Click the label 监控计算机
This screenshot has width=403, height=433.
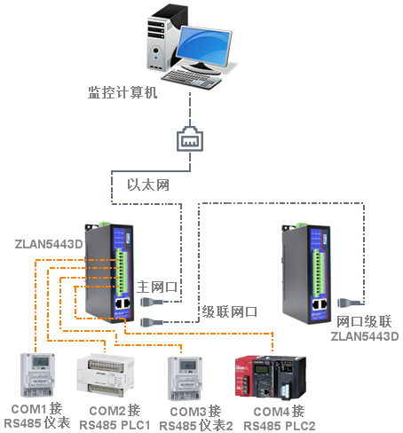pyautogui.click(x=122, y=92)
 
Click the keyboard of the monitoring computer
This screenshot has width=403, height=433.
pyautogui.click(x=192, y=79)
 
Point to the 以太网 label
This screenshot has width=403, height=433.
pyautogui.click(x=148, y=185)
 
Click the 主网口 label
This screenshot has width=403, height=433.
pyautogui.click(x=157, y=287)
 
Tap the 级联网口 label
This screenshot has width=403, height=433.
pyautogui.click(x=230, y=311)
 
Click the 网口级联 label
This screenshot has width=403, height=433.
pyautogui.click(x=364, y=322)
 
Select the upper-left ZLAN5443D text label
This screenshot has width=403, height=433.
pyautogui.click(x=49, y=244)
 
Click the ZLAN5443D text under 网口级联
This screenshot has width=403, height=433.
pyautogui.click(x=365, y=336)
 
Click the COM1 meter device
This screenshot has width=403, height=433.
pyautogui.click(x=37, y=375)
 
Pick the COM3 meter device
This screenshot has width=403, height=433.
pyautogui.click(x=186, y=378)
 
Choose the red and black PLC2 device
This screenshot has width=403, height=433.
pyautogui.click(x=271, y=377)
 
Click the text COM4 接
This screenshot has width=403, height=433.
pyautogui.click(x=279, y=412)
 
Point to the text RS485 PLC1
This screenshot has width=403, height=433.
pyautogui.click(x=115, y=425)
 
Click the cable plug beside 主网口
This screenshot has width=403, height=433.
pyautogui.click(x=152, y=302)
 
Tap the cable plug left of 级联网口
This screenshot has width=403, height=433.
pyautogui.click(x=152, y=322)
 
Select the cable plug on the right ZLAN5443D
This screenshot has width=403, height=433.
pyautogui.click(x=349, y=303)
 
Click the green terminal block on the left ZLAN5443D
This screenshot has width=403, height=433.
pyautogui.click(x=121, y=272)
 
